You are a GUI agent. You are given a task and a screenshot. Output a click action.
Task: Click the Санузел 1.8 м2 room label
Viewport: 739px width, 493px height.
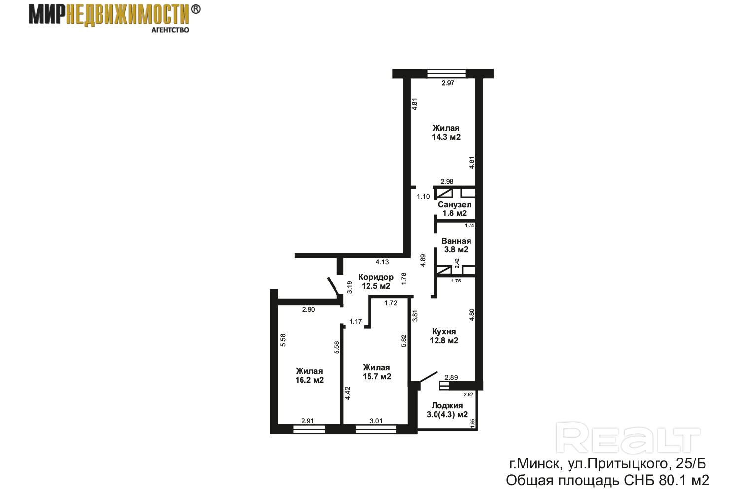click(454, 209)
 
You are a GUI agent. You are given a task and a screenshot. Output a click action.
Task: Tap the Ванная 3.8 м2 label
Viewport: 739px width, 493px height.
click(456, 246)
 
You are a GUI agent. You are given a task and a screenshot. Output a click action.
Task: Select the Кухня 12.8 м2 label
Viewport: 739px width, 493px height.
click(444, 336)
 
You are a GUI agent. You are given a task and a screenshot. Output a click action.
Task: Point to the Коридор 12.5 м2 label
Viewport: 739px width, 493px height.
click(376, 282)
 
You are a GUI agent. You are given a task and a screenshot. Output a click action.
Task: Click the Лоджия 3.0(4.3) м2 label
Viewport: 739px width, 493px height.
click(447, 410)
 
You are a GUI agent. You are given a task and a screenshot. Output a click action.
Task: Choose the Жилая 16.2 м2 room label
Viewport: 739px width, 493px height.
click(309, 376)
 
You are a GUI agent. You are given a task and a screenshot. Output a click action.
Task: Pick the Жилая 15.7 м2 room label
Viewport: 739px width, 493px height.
click(376, 372)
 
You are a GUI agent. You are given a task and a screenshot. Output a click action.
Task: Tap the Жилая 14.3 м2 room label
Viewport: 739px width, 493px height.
click(446, 132)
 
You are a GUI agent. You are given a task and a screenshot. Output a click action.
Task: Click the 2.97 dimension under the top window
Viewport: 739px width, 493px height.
click(448, 83)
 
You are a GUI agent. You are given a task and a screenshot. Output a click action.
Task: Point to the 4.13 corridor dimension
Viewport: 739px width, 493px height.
click(382, 262)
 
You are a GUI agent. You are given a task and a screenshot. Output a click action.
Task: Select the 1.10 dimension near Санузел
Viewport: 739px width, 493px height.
click(423, 197)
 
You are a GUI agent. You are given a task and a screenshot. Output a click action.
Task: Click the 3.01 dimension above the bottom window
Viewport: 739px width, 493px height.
click(376, 421)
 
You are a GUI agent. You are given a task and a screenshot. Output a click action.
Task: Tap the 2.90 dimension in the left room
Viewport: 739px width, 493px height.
click(309, 310)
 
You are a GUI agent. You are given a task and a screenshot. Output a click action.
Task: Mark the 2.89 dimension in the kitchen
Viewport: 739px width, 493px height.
click(451, 377)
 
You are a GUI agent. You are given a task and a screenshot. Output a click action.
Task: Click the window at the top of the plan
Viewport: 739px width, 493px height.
click(446, 73)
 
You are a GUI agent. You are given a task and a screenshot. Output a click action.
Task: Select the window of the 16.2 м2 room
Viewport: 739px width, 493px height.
click(309, 429)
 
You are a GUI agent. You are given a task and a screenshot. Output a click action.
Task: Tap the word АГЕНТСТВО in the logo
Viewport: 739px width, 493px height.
click(170, 30)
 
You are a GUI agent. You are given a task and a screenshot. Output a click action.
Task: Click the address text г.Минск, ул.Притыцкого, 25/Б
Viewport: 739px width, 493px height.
click(607, 464)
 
